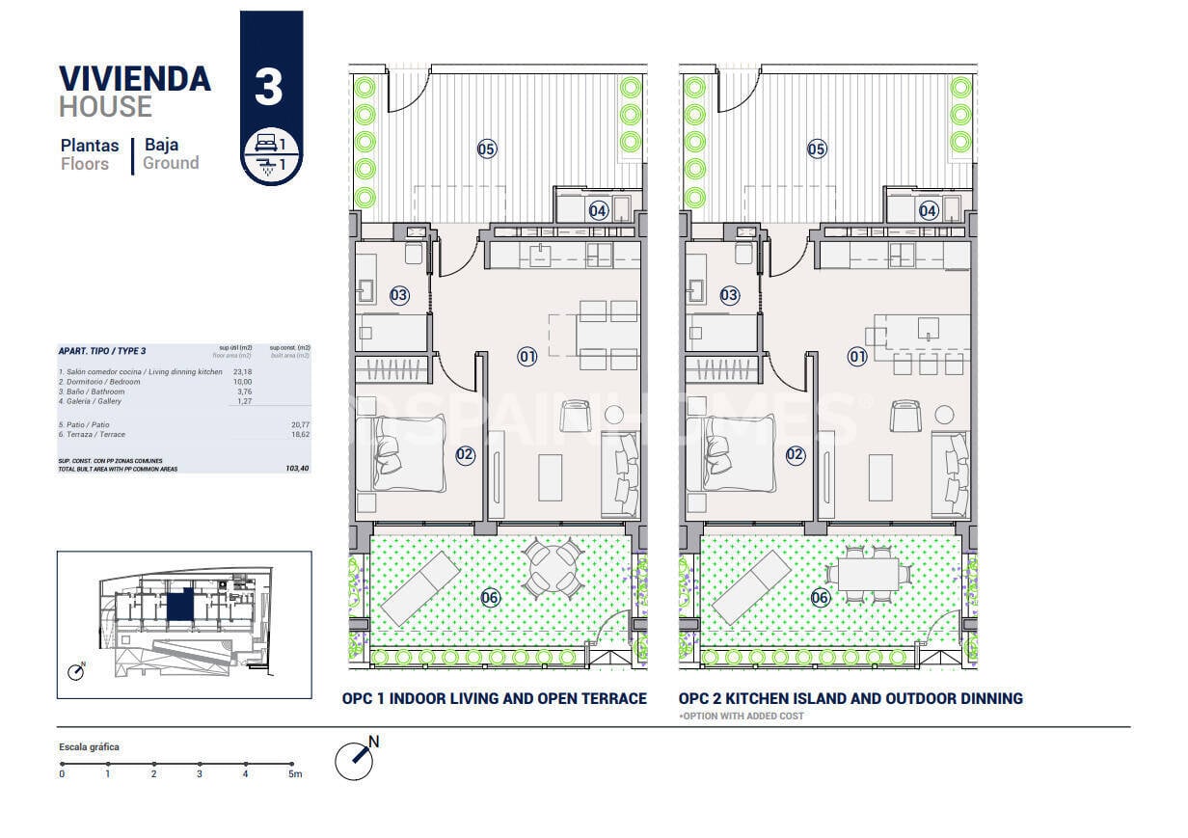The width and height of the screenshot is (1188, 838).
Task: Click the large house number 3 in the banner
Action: pyautogui.click(x=269, y=87)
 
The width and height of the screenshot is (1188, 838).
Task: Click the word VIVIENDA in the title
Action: pyautogui.click(x=135, y=78)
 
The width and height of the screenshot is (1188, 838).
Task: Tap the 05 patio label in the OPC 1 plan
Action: pyautogui.click(x=487, y=149)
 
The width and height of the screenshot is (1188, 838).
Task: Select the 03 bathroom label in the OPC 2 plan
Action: pyautogui.click(x=730, y=296)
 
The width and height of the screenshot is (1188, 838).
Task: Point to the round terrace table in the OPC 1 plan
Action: pyautogui.click(x=553, y=566)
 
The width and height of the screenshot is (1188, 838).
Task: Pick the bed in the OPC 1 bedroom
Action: pyautogui.click(x=401, y=452)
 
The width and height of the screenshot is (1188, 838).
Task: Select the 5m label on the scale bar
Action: pyautogui.click(x=295, y=773)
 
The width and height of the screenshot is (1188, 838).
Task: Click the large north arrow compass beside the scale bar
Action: pyautogui.click(x=356, y=760)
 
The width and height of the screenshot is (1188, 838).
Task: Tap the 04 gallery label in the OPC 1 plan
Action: pyautogui.click(x=599, y=210)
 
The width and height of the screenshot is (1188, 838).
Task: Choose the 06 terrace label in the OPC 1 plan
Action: pyautogui.click(x=490, y=598)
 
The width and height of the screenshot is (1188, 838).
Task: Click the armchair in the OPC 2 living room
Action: pyautogui.click(x=904, y=416)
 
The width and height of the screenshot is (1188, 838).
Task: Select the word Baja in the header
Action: pyautogui.click(x=161, y=145)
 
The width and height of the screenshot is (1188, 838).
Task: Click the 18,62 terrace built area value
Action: pyautogui.click(x=297, y=435)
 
